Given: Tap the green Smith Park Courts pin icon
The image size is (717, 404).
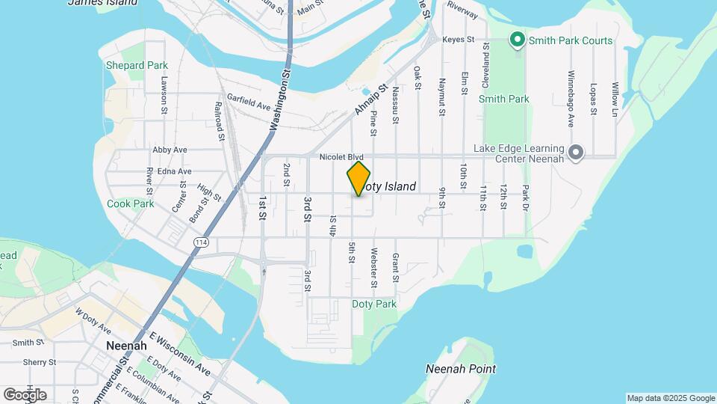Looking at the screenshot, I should (x=516, y=40).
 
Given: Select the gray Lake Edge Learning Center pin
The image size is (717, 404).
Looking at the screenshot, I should (x=575, y=153).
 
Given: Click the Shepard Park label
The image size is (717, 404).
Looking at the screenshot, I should (x=137, y=66).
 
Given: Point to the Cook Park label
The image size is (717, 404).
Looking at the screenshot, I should (x=130, y=203).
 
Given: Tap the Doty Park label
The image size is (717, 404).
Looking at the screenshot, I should (x=374, y=304).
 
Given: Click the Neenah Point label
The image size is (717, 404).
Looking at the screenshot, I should (x=460, y=369).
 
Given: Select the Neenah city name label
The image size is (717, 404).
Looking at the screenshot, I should (x=125, y=346).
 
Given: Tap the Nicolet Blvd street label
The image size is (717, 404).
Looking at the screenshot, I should (x=341, y=158).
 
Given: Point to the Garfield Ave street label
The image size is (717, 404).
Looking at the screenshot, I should (x=248, y=105).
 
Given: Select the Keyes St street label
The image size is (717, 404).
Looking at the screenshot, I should (x=458, y=39).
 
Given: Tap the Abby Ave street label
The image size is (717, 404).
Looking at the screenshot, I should (x=168, y=150).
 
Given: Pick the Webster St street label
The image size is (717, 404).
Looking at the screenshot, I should (x=374, y=268).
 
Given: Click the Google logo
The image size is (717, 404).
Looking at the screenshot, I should (x=25, y=395).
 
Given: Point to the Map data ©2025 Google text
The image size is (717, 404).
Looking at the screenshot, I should (x=670, y=398).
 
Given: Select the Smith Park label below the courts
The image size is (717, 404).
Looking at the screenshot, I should (x=503, y=99).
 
